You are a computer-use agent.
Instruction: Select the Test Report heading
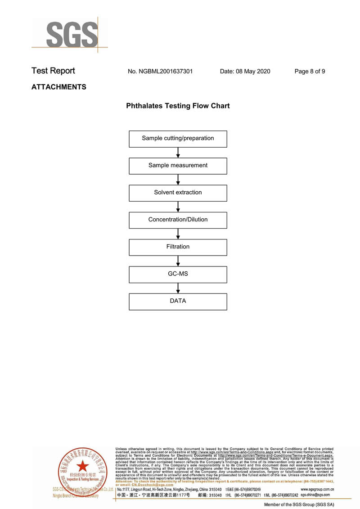53,71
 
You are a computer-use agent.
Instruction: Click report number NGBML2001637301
160,71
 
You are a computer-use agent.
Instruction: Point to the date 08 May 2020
245,71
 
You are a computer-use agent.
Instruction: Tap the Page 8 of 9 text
310,71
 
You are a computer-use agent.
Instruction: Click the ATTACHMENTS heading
58,87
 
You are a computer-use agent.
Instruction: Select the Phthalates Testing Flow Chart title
178,106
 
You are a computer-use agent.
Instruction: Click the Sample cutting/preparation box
178,139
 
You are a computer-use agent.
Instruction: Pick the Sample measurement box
178,166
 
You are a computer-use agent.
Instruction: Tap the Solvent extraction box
178,193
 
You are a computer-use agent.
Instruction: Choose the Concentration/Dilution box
178,220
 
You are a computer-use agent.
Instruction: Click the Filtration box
178,247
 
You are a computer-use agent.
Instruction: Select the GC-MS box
178,274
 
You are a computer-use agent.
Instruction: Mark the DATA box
178,301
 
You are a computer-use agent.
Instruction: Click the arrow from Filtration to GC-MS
178,261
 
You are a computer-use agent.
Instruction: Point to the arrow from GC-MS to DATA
178,288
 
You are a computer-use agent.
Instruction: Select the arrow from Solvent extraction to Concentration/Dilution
178,207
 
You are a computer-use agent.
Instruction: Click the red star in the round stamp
81,465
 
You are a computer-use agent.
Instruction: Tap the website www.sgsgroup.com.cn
317,489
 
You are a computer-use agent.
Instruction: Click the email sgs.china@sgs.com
315,495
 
